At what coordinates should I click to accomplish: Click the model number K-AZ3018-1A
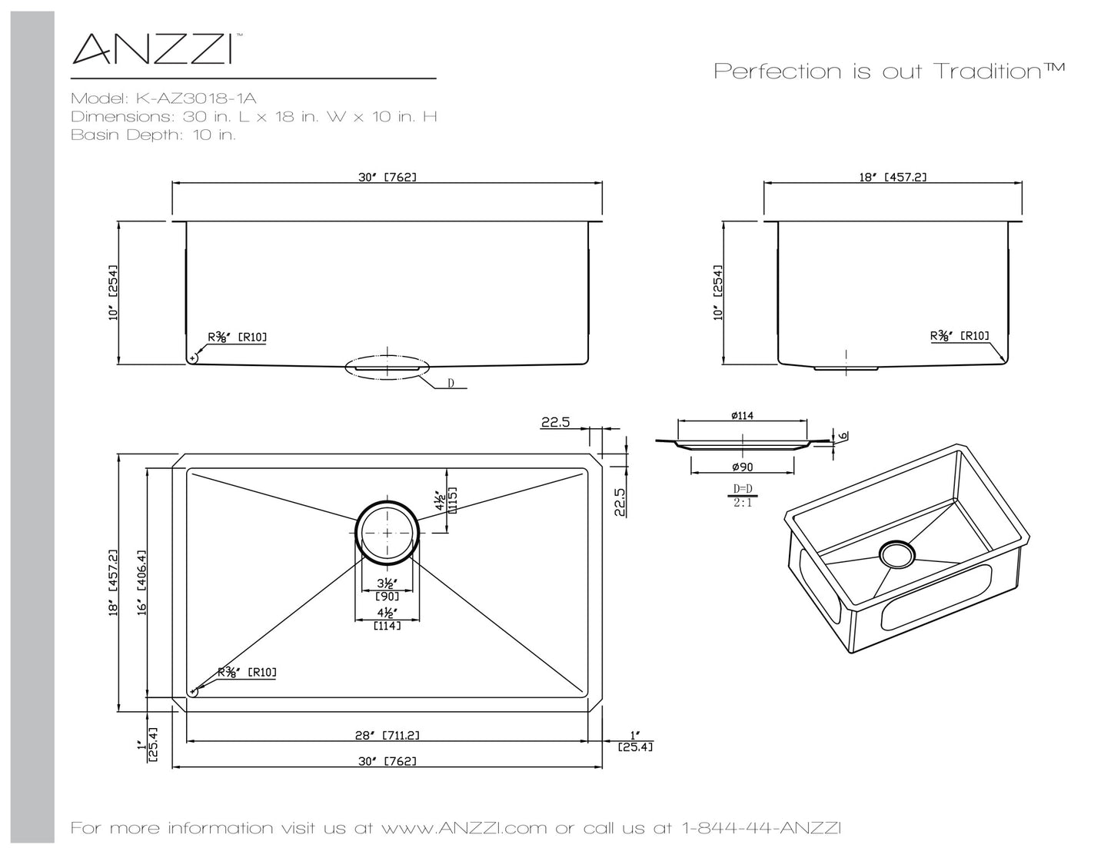tap(196, 98)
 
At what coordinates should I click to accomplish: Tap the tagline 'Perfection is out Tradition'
tap(889, 71)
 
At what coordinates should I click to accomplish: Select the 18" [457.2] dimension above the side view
tap(893, 178)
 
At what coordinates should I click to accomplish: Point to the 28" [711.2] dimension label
tap(387, 735)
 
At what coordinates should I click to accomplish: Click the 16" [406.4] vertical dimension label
tap(141, 583)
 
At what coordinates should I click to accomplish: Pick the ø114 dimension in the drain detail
tap(743, 415)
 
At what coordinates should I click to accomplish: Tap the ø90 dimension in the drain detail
tap(743, 467)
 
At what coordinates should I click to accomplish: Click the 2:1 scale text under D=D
tap(743, 503)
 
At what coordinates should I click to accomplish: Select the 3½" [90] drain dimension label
tap(387, 589)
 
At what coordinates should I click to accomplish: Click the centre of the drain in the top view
tap(387, 533)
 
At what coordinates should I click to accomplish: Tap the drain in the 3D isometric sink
tap(896, 554)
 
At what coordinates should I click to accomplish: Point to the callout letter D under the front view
tap(451, 383)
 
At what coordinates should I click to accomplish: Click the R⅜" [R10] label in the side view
tap(960, 336)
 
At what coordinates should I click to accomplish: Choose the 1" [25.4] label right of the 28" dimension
tap(635, 741)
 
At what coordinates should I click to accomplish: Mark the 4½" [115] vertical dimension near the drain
tap(445, 499)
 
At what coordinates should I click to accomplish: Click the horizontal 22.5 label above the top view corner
tap(555, 422)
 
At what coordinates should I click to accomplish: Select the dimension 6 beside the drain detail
tap(843, 435)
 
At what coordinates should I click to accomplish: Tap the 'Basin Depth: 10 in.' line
tap(153, 135)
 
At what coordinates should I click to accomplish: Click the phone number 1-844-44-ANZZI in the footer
tap(761, 828)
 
